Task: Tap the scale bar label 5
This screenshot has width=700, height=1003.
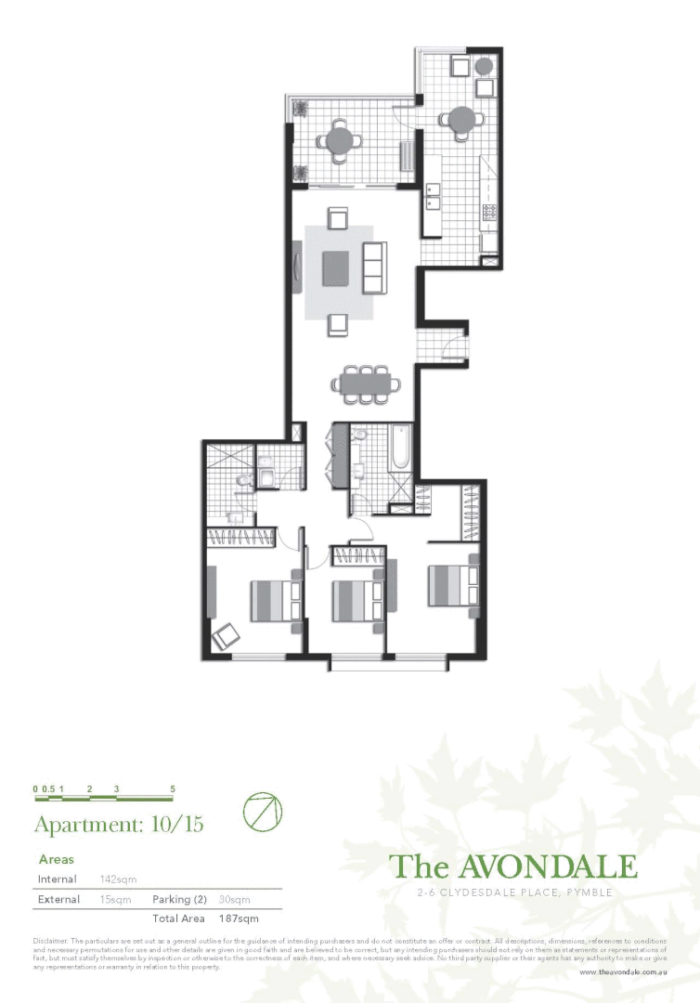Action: pos(173,789)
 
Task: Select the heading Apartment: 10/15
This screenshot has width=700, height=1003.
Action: pos(118,824)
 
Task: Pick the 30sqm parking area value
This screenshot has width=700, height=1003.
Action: pos(234,899)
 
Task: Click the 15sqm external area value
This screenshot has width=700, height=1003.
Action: pos(115,899)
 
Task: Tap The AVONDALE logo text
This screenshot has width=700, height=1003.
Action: pos(512,866)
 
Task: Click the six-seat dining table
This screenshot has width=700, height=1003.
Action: pos(368,384)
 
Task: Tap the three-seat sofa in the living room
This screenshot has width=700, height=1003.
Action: pos(374,267)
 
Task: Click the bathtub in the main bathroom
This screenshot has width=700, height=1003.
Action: pos(400,449)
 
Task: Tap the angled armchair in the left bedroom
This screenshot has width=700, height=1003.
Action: pos(226,638)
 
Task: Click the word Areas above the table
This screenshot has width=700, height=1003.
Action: pos(56,860)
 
